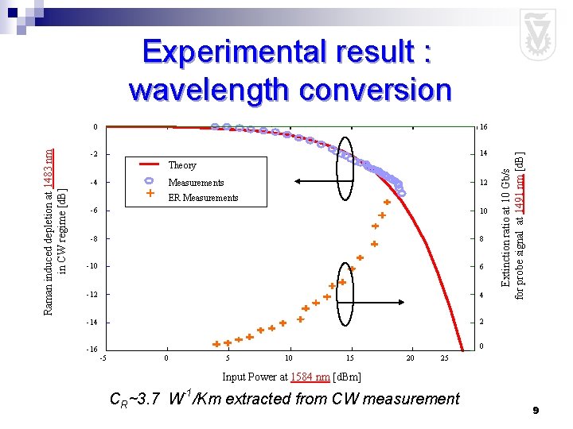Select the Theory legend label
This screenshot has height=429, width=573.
click(182, 165)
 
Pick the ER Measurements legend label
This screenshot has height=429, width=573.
click(203, 198)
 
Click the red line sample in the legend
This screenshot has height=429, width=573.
click(150, 164)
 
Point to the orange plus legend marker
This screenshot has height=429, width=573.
click(150, 193)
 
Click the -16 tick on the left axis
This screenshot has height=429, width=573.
click(92, 350)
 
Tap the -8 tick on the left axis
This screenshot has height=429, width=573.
click(92, 238)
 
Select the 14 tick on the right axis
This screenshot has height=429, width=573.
click(482, 154)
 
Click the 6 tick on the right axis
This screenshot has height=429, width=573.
click(481, 267)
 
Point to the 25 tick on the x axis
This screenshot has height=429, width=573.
click(445, 359)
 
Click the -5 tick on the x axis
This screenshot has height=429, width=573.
click(103, 359)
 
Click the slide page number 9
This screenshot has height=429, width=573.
click(536, 410)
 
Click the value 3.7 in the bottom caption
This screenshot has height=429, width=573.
click(149, 399)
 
